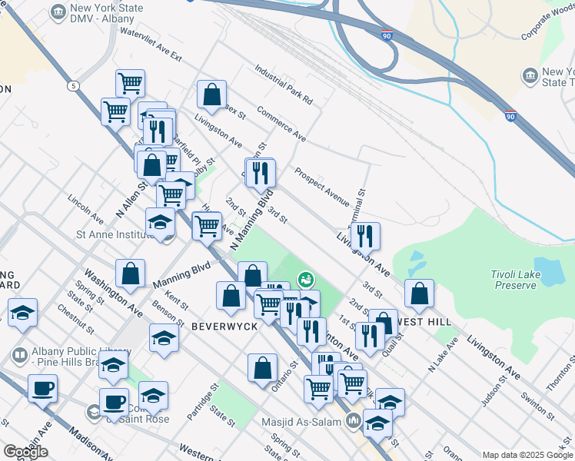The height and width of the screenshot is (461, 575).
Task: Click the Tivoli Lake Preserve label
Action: (x=514, y=280)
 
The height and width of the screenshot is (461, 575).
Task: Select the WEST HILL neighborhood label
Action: (x=424, y=321)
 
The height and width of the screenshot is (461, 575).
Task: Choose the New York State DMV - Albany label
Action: (x=103, y=13)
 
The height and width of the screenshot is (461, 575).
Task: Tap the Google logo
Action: (x=25, y=452)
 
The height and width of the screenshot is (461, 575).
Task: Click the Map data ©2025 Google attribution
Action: (x=527, y=455)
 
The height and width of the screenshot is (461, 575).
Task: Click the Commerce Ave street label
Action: (x=281, y=124)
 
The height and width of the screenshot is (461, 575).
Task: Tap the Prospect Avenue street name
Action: (x=322, y=183)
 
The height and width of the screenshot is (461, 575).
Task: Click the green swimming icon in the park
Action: (x=306, y=278)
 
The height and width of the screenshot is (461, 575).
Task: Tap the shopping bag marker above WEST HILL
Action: (x=419, y=293)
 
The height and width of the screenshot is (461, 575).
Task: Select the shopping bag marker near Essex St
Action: (x=211, y=95)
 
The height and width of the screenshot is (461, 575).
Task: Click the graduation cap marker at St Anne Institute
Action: (x=161, y=224)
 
